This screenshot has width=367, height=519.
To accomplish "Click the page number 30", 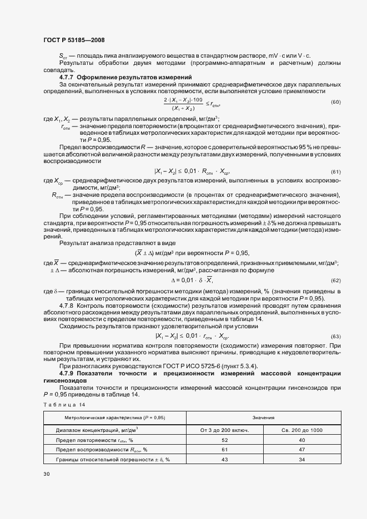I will pyautogui.click(x=46, y=474).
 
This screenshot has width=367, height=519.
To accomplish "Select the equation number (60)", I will pyautogui.click(x=336, y=103).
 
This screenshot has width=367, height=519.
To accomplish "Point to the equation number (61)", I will pyautogui.click(x=336, y=172).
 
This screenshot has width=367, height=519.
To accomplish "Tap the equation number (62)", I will pyautogui.click(x=336, y=280).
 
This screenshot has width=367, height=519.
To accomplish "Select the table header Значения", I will pyautogui.click(x=263, y=417).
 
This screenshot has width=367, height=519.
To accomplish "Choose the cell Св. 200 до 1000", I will pyautogui.click(x=301, y=430).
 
